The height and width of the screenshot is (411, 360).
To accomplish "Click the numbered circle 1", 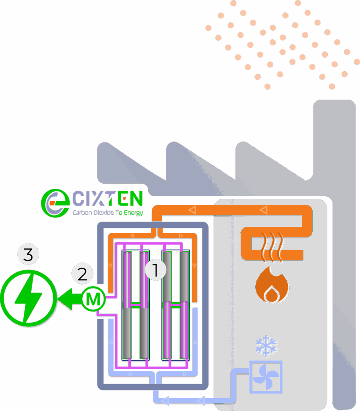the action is (x=155, y=270).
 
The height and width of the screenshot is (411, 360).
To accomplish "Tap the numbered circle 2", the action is (x=83, y=274).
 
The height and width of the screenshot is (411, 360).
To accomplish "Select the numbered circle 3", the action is (x=28, y=254).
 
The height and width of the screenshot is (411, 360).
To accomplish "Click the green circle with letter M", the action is (x=94, y=299).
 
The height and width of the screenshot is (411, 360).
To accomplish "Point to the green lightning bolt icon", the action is (x=28, y=298).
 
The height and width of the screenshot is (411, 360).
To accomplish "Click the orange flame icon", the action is (x=272, y=285).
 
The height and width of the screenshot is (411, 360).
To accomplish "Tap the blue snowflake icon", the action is (x=266, y=346).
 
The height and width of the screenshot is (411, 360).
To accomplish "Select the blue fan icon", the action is (x=266, y=377).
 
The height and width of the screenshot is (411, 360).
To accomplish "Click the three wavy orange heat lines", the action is (x=272, y=247).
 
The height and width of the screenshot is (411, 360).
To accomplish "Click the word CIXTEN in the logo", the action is (x=108, y=198).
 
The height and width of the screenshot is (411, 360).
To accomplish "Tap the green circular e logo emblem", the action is (x=55, y=203).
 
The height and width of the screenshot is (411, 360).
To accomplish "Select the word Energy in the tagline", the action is (x=133, y=213).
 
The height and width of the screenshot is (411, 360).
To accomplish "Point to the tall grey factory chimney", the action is (x=335, y=252).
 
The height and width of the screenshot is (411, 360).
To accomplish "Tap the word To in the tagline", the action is (x=119, y=213).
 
